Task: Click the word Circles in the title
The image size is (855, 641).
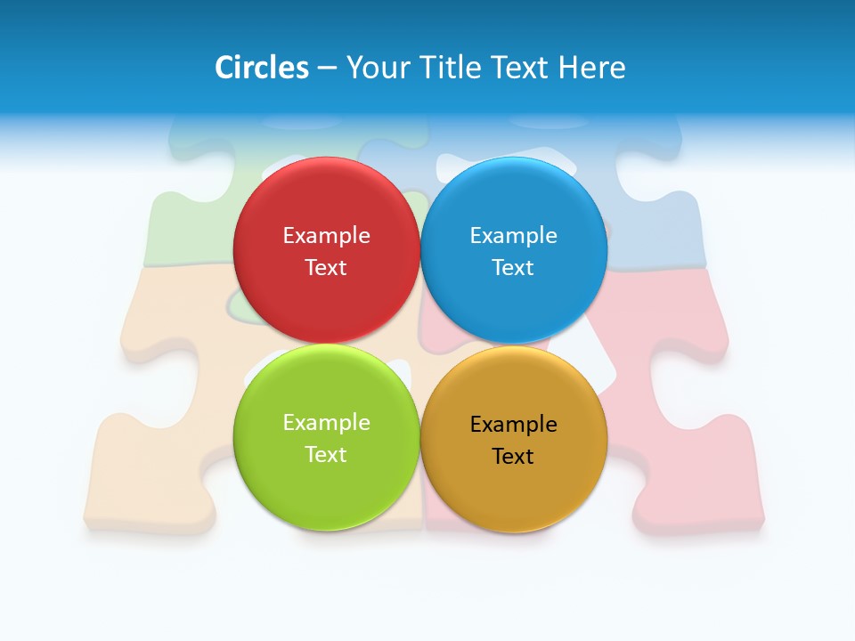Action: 261,68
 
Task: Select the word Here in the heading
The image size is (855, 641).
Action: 592,68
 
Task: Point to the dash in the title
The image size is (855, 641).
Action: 327,69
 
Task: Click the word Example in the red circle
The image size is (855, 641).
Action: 326,236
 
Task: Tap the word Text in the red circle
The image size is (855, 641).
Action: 326,268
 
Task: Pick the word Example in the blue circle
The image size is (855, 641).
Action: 514,236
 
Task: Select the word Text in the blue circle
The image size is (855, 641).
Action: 514,268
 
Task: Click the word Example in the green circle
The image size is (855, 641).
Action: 326,423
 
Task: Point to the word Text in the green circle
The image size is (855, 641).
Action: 326,455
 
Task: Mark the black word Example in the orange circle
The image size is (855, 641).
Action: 514,425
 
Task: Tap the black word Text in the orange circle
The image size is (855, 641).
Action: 514,457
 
